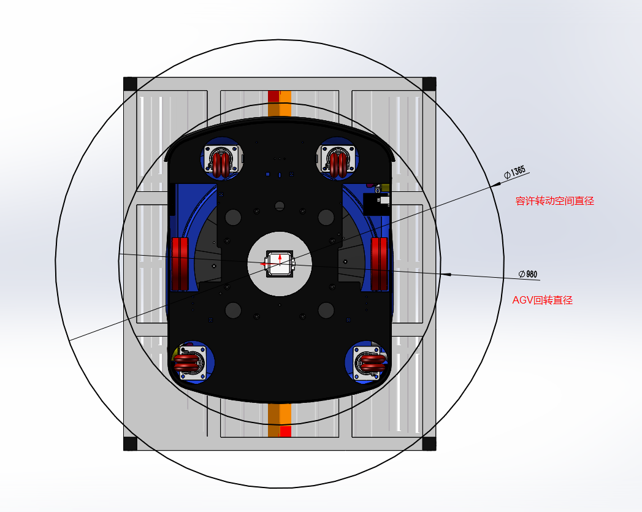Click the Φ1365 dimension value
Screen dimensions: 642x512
[514, 172]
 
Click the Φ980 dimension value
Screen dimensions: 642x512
[528, 274]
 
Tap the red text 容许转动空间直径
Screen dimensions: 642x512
[555, 201]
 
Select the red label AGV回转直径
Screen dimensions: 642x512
[543, 300]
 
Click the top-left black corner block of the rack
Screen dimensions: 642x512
[130, 84]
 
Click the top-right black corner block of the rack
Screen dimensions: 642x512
[429, 84]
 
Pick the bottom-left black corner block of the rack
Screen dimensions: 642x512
[130, 444]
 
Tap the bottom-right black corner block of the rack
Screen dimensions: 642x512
[429, 444]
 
